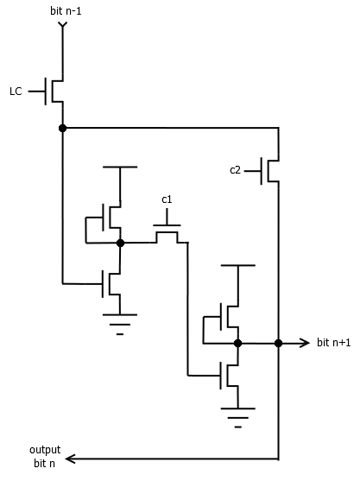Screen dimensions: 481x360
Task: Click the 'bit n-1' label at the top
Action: pyautogui.click(x=61, y=11)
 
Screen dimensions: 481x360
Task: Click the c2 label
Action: pyautogui.click(x=235, y=170)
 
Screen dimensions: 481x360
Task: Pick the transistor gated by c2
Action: pyautogui.click(x=271, y=170)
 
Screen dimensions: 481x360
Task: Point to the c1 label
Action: pyautogui.click(x=167, y=199)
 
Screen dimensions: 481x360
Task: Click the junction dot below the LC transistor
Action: pyautogui.click(x=62, y=128)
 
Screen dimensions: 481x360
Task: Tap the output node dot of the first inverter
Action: pyautogui.click(x=120, y=244)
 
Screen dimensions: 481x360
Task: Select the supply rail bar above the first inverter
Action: pyautogui.click(x=120, y=167)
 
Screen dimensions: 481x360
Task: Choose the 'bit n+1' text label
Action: pyautogui.click(x=335, y=343)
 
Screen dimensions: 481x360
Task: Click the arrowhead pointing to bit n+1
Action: pyautogui.click(x=305, y=343)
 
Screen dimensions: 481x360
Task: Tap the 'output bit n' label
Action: pyautogui.click(x=45, y=457)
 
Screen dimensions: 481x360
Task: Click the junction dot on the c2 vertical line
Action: pyautogui.click(x=278, y=343)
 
